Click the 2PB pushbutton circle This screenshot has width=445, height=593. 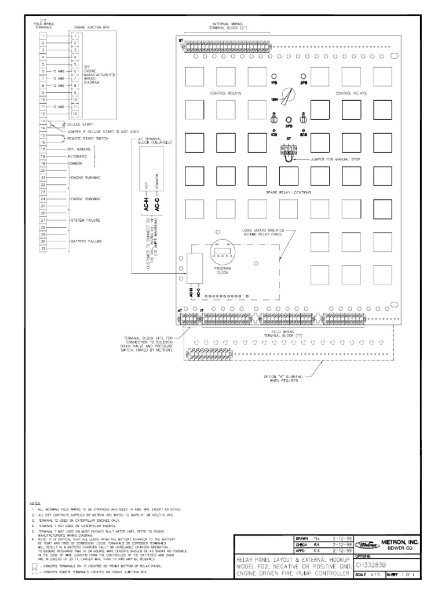coord(303,76)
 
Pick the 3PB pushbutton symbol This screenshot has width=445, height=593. coord(287,116)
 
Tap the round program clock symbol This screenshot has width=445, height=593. coord(223,251)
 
